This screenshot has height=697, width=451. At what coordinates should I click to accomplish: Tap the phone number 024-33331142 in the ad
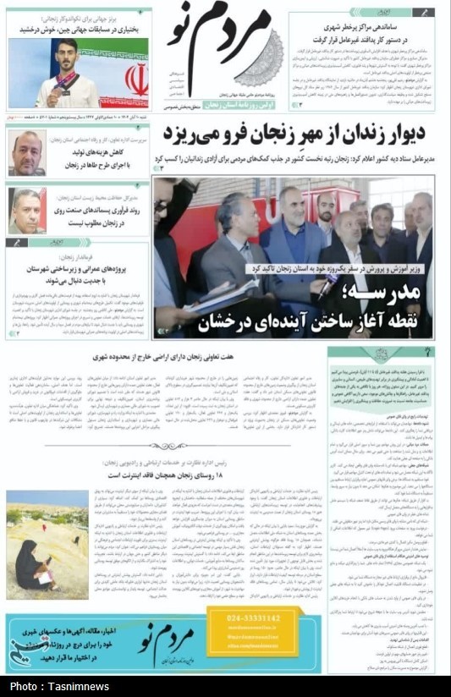pyautogui.click(x=253, y=618)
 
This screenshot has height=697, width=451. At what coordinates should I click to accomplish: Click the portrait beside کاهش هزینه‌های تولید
pyautogui.click(x=26, y=152)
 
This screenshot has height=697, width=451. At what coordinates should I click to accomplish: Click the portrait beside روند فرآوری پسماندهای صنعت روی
pyautogui.click(x=26, y=211)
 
